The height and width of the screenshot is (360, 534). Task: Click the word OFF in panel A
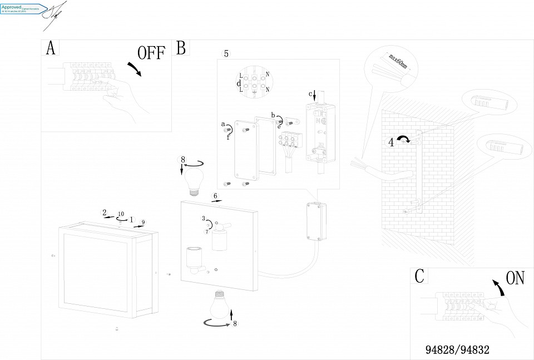click(x=151, y=53)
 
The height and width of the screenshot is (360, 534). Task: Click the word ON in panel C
click(x=515, y=278)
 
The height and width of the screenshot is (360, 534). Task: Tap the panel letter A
click(x=50, y=48)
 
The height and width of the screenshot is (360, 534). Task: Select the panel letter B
click(x=181, y=48)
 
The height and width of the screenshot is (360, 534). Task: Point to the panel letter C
click(x=420, y=275)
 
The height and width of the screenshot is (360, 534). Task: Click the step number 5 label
click(x=226, y=53)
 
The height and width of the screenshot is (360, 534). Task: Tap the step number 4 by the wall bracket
click(x=391, y=142)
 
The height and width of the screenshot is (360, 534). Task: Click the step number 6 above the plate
click(x=215, y=196)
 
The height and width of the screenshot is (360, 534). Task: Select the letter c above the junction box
click(x=310, y=93)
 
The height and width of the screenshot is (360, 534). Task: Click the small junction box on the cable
click(x=315, y=221)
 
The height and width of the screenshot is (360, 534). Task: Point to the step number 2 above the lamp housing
click(x=104, y=212)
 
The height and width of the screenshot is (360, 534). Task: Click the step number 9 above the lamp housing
click(x=143, y=222)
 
